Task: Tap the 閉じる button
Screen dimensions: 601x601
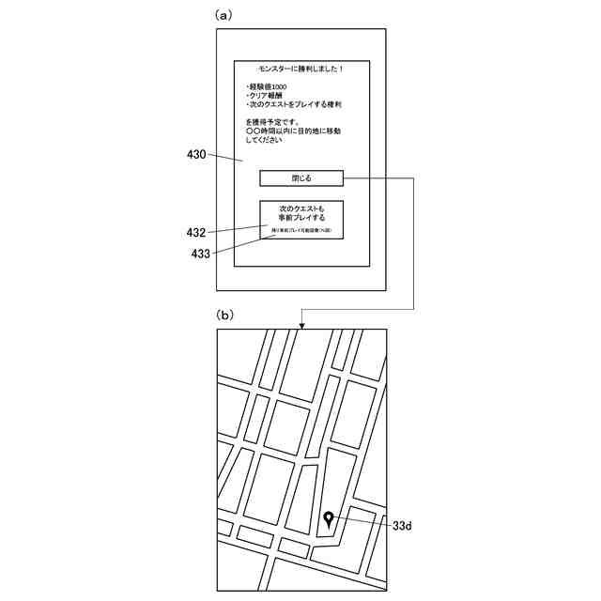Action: tap(301, 177)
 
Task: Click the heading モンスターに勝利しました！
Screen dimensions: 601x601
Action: tap(301, 69)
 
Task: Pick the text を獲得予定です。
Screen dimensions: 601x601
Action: tap(273, 122)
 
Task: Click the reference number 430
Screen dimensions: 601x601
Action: tap(195, 154)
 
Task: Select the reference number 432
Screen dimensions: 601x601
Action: tap(195, 232)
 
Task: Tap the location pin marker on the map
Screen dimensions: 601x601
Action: tap(328, 518)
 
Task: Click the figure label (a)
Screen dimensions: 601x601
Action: tap(223, 15)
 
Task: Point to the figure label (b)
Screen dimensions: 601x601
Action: tap(225, 315)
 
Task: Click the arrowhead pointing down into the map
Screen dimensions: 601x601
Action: tap(301, 325)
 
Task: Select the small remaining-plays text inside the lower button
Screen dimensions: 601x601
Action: tap(301, 231)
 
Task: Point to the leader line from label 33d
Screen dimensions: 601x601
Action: tap(362, 523)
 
